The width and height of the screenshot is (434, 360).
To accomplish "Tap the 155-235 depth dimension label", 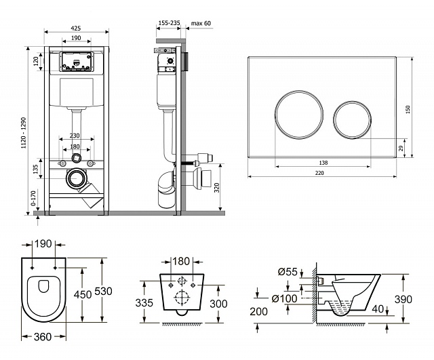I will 169,23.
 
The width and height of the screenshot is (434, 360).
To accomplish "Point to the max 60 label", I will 201,23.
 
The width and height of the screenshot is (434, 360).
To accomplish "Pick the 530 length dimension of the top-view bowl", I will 102,291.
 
